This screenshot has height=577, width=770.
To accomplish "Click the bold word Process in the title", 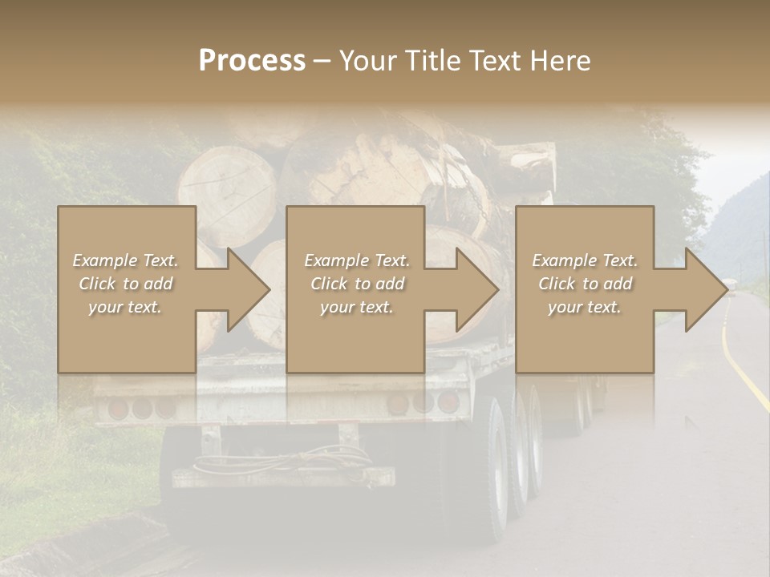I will (x=252, y=60).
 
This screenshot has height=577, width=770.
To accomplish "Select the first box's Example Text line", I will (x=125, y=260).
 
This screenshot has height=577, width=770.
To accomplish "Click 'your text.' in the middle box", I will (x=356, y=307).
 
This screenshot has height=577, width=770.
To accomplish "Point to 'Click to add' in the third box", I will (x=585, y=284).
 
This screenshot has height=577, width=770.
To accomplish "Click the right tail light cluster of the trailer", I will (x=425, y=403).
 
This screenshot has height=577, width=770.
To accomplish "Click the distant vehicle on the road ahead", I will (x=729, y=284).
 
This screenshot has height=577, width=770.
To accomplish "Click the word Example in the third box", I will (x=561, y=260).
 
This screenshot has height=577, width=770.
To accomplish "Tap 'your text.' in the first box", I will (x=125, y=307).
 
